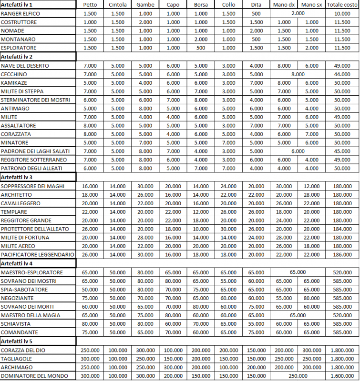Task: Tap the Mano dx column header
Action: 284,5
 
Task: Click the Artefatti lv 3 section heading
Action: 17,177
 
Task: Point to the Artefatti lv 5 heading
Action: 17,341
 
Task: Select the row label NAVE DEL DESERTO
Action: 25,66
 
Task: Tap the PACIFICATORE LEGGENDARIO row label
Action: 38,255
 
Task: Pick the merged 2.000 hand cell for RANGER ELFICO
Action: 298,13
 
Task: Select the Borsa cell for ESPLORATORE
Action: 201,48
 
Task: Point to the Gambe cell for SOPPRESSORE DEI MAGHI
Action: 144,186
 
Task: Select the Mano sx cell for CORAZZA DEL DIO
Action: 312,350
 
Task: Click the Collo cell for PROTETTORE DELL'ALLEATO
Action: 228,229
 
